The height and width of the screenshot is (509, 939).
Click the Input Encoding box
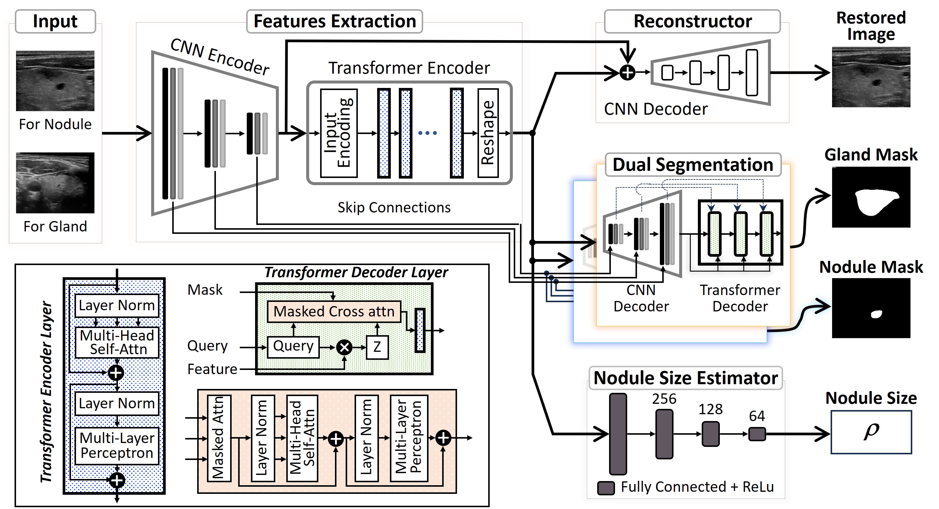coord(339,133)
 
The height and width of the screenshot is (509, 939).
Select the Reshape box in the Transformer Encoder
coord(488,133)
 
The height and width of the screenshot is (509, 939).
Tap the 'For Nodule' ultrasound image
coord(55,81)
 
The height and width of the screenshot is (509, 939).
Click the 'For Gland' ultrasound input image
coord(55,183)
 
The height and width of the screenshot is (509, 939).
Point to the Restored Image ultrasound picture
coord(871,77)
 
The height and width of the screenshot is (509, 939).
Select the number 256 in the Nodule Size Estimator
coord(664,399)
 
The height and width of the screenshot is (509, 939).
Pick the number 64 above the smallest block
coord(757,416)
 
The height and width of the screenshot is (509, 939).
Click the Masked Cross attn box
coord(334,311)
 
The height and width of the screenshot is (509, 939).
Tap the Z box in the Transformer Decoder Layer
coord(377,347)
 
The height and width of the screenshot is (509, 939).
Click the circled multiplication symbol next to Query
coord(344,347)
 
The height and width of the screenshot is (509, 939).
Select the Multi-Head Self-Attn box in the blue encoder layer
coord(117,342)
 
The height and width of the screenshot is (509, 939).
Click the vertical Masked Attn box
coord(219,438)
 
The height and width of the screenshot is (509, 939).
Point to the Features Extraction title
coord(335,21)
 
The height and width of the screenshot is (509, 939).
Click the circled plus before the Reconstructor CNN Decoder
coord(627,73)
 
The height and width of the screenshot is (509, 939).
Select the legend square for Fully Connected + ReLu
coord(606,488)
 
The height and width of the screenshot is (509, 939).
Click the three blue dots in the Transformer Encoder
coord(427,133)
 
